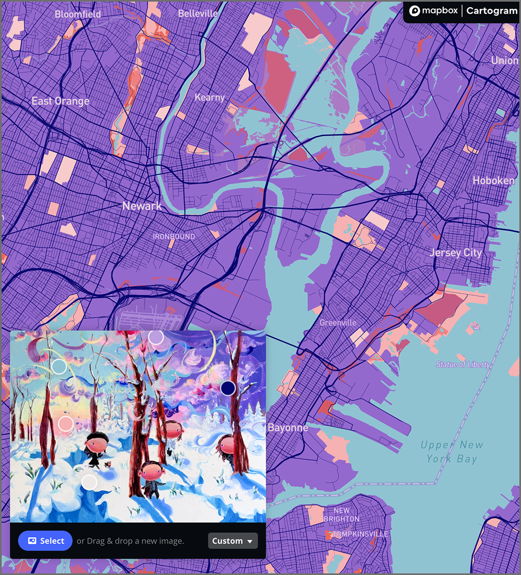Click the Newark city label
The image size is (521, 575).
coord(142,206)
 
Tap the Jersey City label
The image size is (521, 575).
coord(455,252)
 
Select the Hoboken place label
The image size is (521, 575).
coord(494,180)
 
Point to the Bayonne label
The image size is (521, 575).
coord(288,428)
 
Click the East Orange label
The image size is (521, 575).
coord(60,101)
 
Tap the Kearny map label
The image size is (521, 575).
coord(210,97)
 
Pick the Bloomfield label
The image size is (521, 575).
coord(78,14)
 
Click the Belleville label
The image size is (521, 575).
coord(198,13)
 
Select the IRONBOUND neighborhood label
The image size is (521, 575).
coord(174,237)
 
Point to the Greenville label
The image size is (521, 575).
coord(338,323)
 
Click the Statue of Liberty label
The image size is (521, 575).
coord(463,364)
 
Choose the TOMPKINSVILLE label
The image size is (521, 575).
coord(360,534)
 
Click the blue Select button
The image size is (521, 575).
coord(45,540)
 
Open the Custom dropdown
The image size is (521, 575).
coord(233,540)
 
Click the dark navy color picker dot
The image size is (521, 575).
coord(228,388)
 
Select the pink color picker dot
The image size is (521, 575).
coord(65,423)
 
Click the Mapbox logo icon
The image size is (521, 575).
coord(415,11)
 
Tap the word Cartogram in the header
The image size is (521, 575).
coord(491,11)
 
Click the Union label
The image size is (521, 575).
coord(505,60)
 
